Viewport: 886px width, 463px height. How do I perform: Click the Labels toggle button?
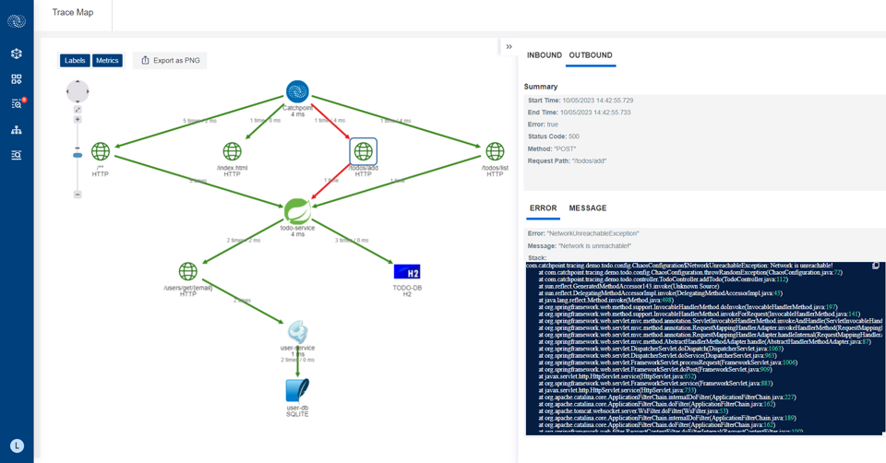(75, 61)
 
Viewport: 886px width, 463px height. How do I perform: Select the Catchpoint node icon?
(297, 91)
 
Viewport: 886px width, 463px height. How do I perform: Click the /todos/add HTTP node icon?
(364, 150)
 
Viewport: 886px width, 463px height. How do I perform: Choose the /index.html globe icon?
(233, 150)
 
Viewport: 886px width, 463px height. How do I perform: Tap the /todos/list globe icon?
(496, 150)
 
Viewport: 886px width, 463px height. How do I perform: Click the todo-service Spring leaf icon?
(297, 210)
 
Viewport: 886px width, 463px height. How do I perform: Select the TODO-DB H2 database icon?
(407, 271)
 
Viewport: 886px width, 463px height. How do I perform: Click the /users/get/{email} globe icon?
(188, 271)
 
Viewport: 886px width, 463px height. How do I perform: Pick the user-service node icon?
(297, 331)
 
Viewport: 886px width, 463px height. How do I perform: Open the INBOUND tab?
(545, 55)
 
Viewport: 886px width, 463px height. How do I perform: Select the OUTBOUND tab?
(591, 55)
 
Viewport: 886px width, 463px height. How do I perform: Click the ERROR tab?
(543, 208)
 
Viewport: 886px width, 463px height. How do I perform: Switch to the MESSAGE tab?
(588, 208)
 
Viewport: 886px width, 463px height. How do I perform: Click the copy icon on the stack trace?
(876, 266)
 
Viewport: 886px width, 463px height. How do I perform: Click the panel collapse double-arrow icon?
(509, 47)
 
